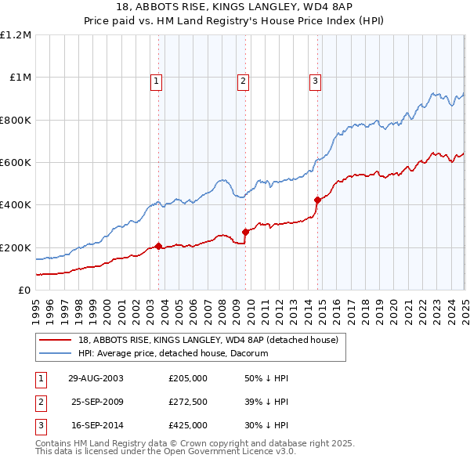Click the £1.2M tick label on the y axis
16,35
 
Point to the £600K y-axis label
16,163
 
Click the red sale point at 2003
159,247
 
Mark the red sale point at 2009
245,232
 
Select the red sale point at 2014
317,200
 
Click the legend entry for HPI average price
172,353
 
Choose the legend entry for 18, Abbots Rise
208,340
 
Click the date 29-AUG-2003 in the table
96,378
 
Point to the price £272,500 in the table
188,402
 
